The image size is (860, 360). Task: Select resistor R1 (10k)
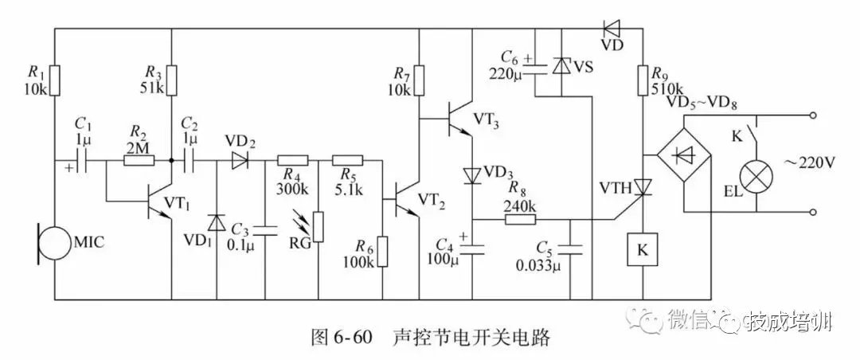click(x=54, y=80)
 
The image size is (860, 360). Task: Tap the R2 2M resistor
click(x=140, y=160)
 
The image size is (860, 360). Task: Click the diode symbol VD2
click(x=240, y=160)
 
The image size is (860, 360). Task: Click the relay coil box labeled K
click(x=642, y=249)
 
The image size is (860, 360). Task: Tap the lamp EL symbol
click(x=754, y=174)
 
